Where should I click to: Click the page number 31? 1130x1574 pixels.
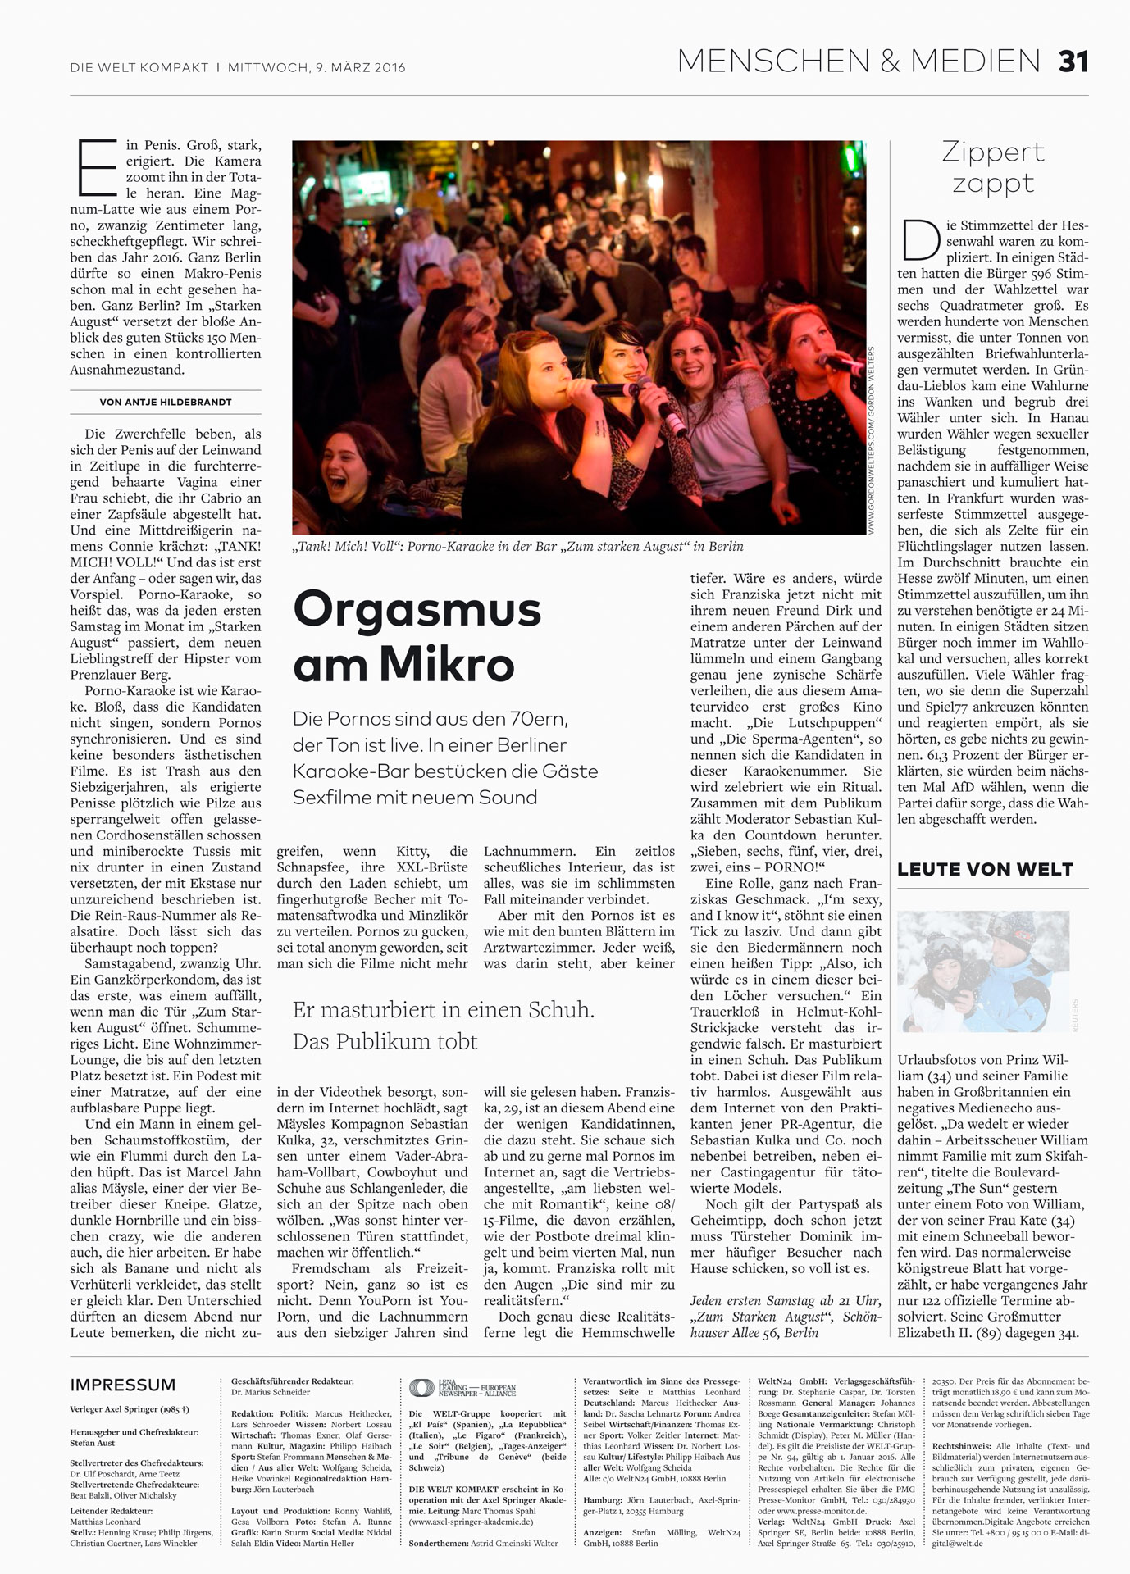tap(1073, 61)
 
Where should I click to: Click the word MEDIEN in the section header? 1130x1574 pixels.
tap(975, 61)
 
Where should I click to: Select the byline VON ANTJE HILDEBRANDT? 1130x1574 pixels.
tap(166, 403)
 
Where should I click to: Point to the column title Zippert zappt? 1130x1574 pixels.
tap(992, 166)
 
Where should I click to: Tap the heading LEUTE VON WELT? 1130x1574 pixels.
tap(985, 869)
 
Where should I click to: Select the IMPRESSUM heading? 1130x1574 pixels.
tap(123, 1385)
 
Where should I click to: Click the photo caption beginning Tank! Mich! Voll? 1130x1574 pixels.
tap(517, 547)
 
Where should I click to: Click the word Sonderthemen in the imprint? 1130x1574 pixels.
tap(438, 1543)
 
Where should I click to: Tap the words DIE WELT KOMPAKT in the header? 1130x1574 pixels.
tap(139, 67)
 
